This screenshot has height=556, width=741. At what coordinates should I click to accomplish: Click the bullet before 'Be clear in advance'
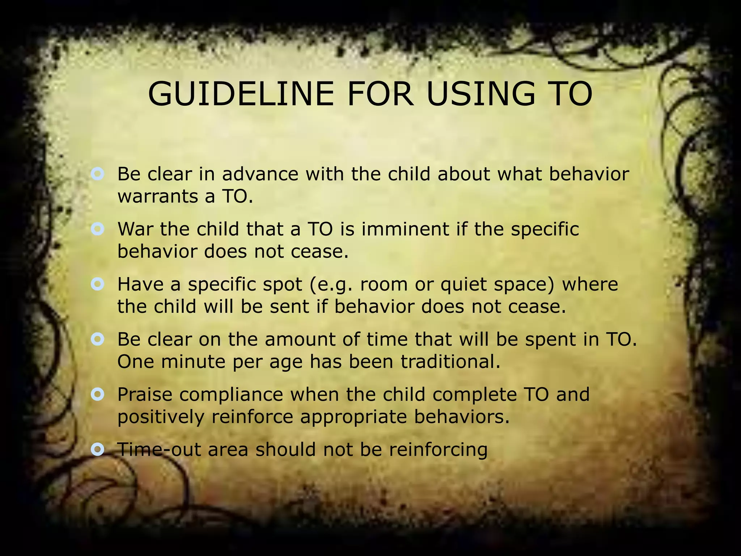tap(98, 174)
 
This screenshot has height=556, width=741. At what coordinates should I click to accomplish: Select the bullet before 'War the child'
tap(98, 229)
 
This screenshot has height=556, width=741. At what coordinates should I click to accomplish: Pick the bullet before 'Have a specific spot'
tap(98, 284)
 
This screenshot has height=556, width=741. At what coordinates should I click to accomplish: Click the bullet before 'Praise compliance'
tap(98, 394)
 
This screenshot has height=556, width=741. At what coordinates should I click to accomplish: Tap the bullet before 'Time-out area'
tap(98, 449)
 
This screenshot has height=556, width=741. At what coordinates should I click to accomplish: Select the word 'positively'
tap(161, 417)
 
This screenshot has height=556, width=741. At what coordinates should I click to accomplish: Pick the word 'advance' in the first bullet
tap(260, 174)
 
